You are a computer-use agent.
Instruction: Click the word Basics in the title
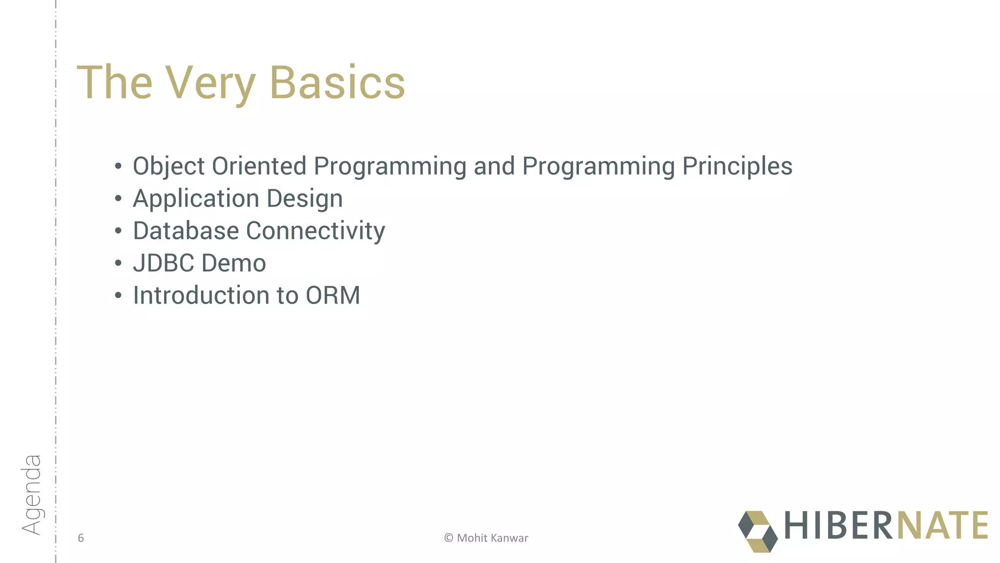pyautogui.click(x=337, y=83)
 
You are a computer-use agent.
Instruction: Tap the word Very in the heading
pyautogui.click(x=210, y=83)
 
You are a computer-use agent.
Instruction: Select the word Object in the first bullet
pyautogui.click(x=168, y=166)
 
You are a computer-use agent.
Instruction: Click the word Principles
pyautogui.click(x=737, y=166)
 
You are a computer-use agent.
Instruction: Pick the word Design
pyautogui.click(x=305, y=199)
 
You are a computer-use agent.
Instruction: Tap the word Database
pyautogui.click(x=186, y=231)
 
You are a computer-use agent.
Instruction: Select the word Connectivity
pyautogui.click(x=315, y=231)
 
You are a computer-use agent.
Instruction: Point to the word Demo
pyautogui.click(x=233, y=263)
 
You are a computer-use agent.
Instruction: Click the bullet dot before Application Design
pyautogui.click(x=118, y=199)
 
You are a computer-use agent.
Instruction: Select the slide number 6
pyautogui.click(x=81, y=538)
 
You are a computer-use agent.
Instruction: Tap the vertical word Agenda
pyautogui.click(x=31, y=495)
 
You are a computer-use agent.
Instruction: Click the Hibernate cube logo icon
pyautogui.click(x=757, y=531)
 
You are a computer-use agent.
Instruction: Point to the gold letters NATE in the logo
pyautogui.click(x=942, y=525)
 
